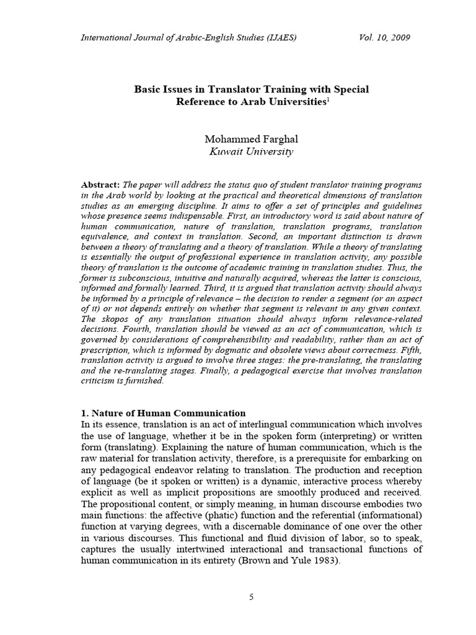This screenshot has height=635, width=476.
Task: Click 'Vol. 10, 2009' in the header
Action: (x=384, y=38)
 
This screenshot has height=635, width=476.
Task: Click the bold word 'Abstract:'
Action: (x=101, y=185)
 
